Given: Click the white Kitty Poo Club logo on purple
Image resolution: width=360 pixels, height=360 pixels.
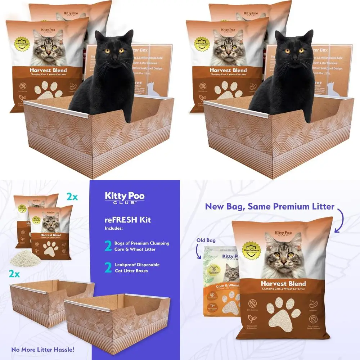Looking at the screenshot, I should click(125, 198).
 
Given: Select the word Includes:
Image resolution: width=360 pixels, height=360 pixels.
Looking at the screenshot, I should click(113, 228).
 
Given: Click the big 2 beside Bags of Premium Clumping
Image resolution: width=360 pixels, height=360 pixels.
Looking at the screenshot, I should click(108, 246).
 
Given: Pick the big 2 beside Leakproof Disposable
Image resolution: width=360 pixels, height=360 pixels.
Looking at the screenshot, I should click(108, 267).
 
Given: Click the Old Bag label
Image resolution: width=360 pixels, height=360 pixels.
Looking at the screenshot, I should click(206, 240).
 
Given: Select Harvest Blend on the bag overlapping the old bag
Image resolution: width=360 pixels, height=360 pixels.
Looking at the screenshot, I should click(283, 283).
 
